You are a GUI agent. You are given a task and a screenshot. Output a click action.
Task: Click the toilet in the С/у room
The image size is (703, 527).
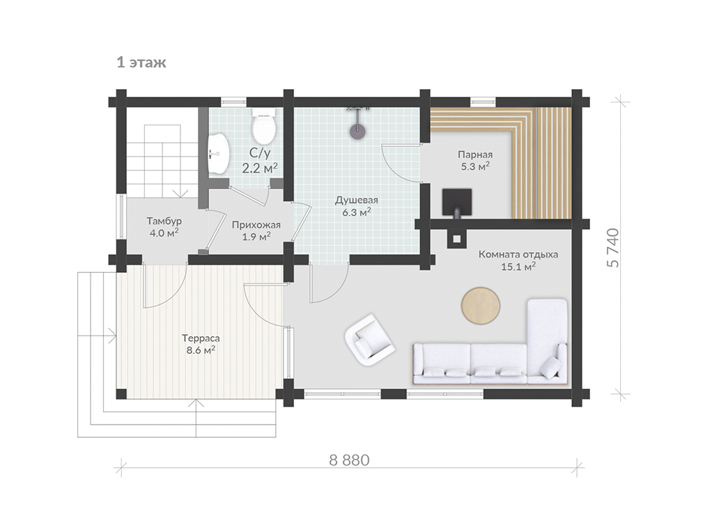pyautogui.click(x=263, y=126)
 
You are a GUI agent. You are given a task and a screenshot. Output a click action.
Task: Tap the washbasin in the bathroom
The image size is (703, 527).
pyautogui.click(x=219, y=154)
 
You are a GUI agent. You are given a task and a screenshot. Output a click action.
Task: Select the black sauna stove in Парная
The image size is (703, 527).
pyautogui.click(x=457, y=203)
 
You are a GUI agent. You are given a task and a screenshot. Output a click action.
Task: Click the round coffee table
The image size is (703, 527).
pyautogui.click(x=481, y=306)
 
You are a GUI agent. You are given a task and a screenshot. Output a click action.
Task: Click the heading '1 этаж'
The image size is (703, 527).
pyautogui.click(x=141, y=62)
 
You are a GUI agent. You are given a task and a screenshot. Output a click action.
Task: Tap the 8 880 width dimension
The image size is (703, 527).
pyautogui.click(x=349, y=460)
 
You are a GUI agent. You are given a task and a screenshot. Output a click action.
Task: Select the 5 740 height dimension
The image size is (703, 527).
pyautogui.click(x=613, y=248)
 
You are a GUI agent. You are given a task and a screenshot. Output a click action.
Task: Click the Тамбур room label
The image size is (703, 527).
pyautogui.click(x=164, y=221)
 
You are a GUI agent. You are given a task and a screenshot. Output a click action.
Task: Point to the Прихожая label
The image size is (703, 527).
pyautogui.click(x=256, y=225)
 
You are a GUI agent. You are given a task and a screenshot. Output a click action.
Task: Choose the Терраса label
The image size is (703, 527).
pyautogui.click(x=201, y=338)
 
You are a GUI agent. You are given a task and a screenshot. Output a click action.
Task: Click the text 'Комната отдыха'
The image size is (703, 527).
pyautogui.click(x=518, y=255)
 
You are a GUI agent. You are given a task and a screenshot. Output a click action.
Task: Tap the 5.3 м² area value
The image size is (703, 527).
pyautogui.click(x=475, y=166)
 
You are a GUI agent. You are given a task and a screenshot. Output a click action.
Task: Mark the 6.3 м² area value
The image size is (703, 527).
pyautogui.click(x=357, y=212)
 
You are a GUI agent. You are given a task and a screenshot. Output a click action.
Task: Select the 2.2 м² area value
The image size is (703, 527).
pyautogui.click(x=260, y=168)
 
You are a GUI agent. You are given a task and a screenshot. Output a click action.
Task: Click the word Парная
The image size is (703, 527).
pyautogui.click(x=475, y=155)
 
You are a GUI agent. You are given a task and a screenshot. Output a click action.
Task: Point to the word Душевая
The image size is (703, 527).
pyautogui.click(x=357, y=200)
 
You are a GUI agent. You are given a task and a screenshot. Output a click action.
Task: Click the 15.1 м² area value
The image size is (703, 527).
pyautogui.click(x=518, y=267)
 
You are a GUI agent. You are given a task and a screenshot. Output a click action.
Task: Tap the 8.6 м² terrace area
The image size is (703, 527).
pyautogui.click(x=201, y=350)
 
